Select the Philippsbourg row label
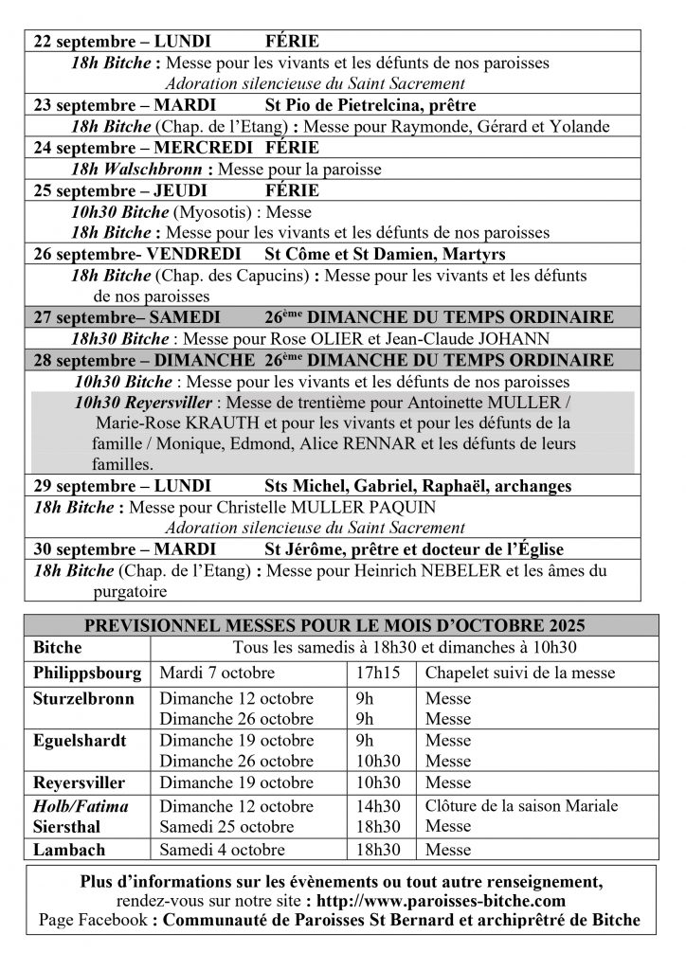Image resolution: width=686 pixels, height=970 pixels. [x=87, y=674]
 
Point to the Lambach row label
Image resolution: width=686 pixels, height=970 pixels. [x=69, y=850]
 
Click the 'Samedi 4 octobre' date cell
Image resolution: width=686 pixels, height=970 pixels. [x=221, y=850]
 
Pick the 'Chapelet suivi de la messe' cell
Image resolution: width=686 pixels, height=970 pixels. [x=519, y=674]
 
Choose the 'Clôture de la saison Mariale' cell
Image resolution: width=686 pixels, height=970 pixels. [x=522, y=806]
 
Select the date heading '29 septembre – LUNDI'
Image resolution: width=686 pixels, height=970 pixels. [x=122, y=486]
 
